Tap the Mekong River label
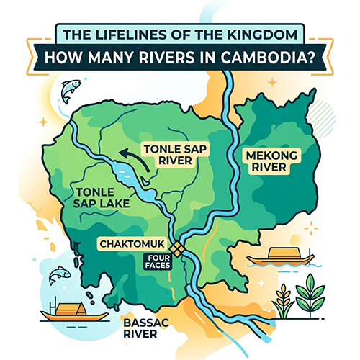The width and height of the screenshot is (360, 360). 266,163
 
